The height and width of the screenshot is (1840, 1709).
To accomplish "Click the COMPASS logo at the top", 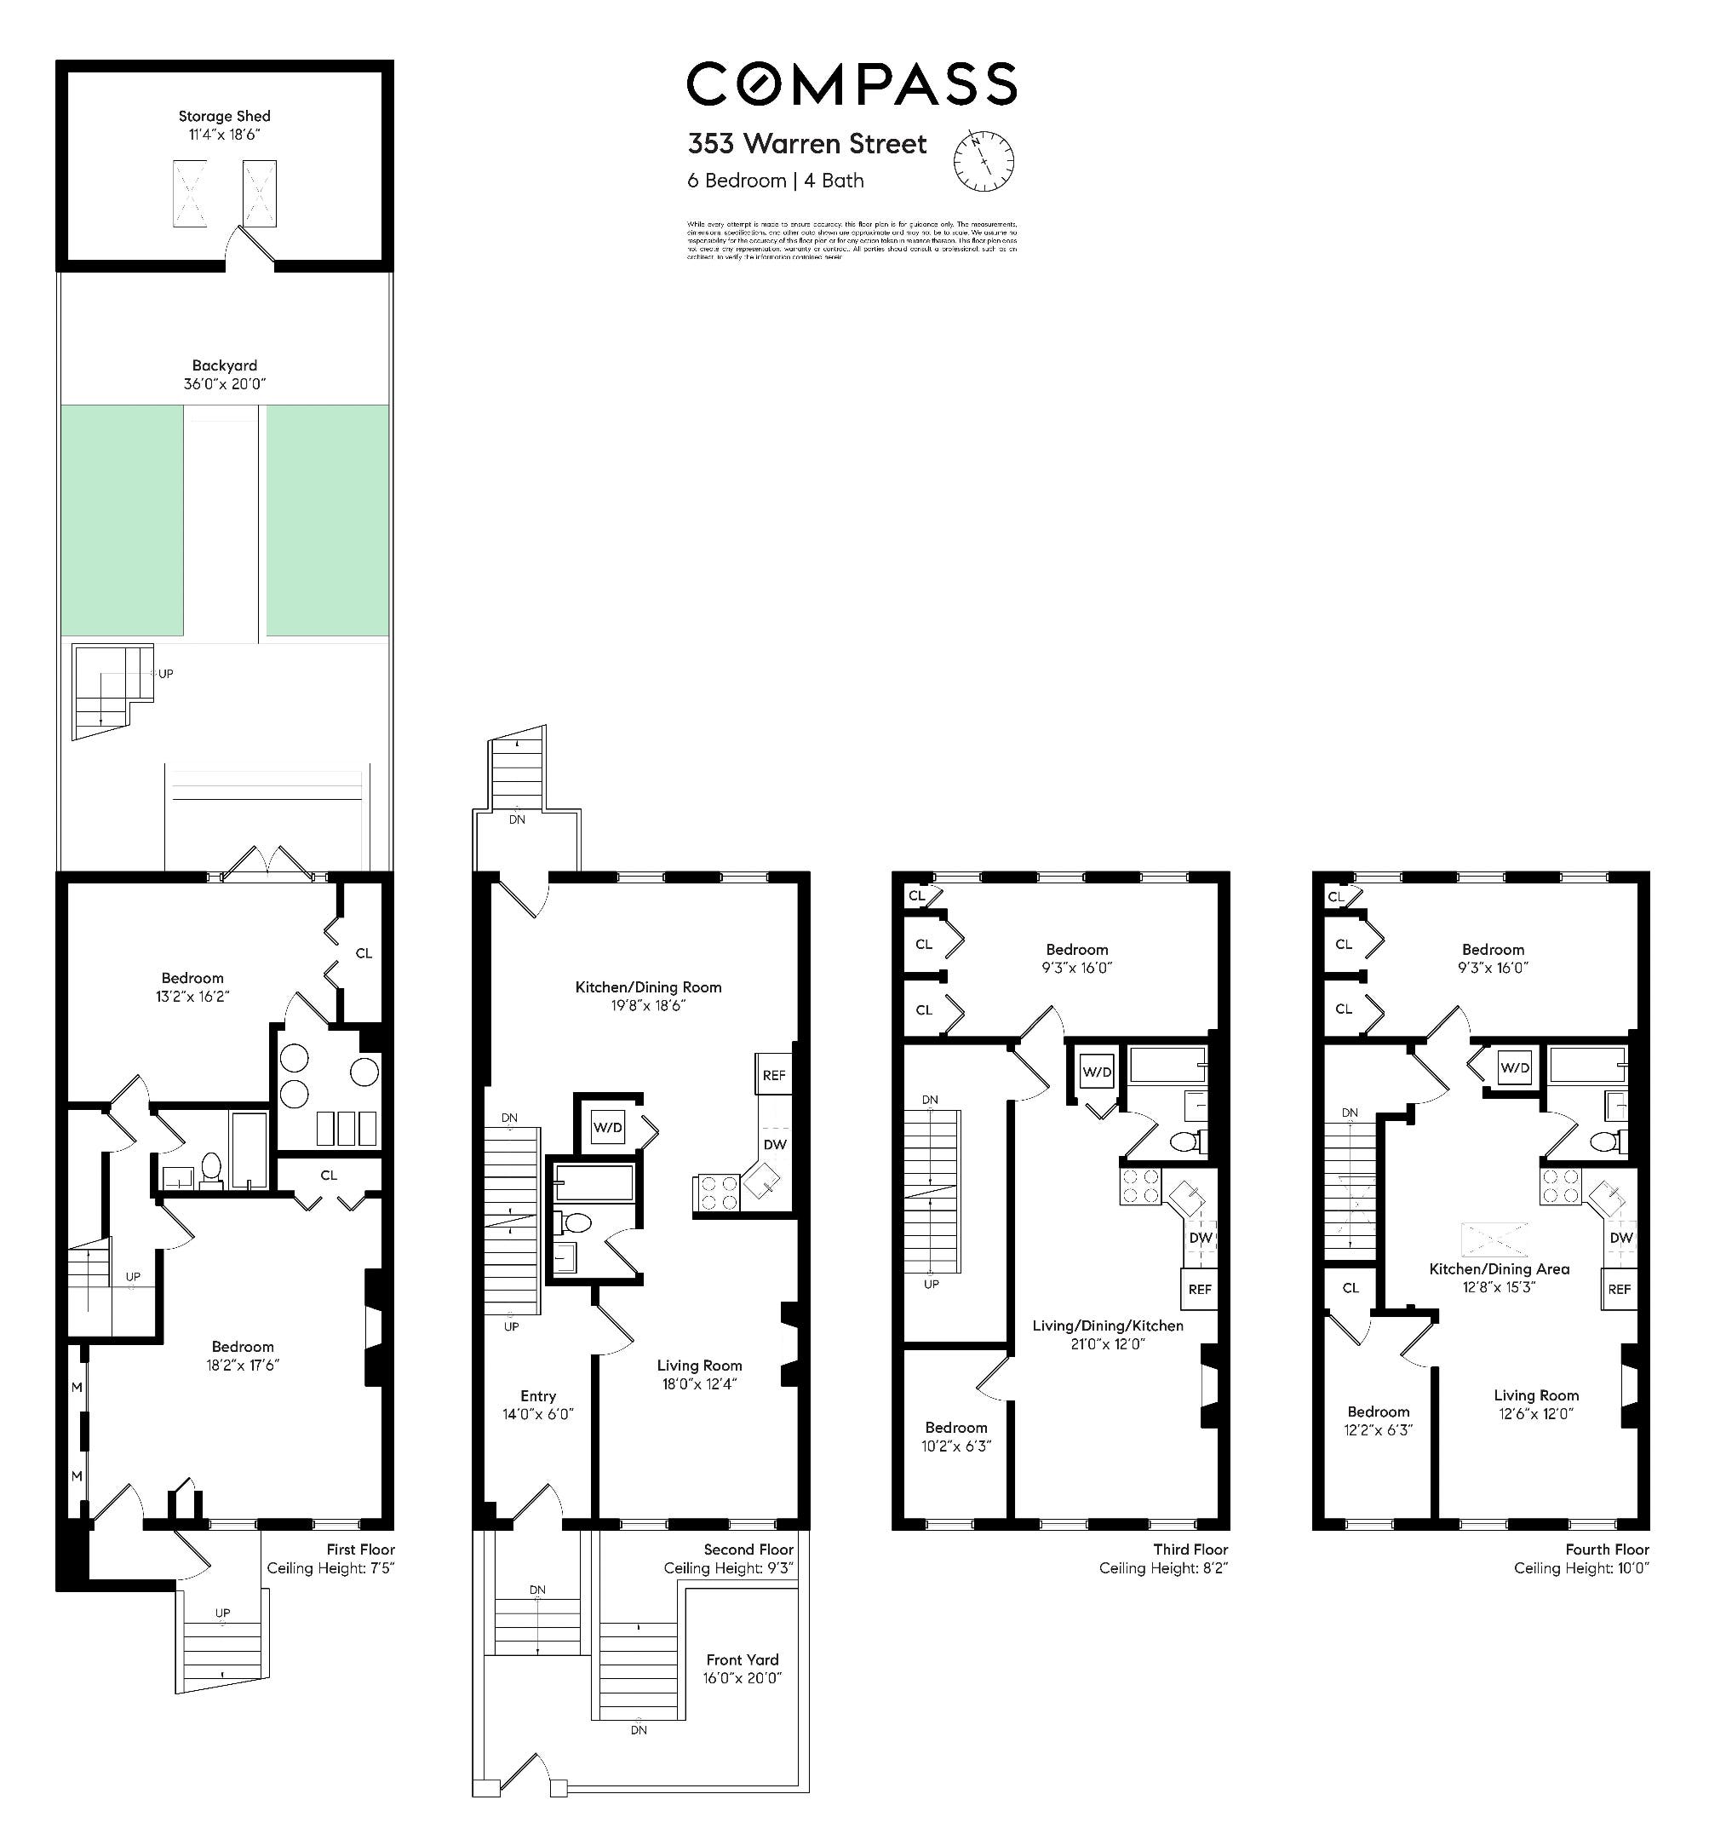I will (851, 84).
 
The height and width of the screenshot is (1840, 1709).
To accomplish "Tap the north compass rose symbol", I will (983, 160).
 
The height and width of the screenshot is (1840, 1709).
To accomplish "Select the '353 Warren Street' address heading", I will (806, 144).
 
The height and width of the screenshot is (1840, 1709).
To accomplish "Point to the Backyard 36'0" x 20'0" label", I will (225, 375).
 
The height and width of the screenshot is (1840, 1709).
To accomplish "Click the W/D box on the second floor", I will (608, 1127).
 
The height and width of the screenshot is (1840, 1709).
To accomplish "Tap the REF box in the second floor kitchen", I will (774, 1075).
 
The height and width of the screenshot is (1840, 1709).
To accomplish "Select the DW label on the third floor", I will (1201, 1238).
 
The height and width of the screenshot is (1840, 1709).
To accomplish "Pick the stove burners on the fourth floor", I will (1561, 1187).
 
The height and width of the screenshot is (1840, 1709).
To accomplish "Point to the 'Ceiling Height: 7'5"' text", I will (330, 1568).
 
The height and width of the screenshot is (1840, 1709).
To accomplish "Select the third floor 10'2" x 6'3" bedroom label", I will (955, 1435).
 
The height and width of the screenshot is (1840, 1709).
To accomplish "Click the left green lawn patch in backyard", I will (122, 520).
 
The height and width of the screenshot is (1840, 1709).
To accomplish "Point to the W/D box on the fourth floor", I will (1515, 1067).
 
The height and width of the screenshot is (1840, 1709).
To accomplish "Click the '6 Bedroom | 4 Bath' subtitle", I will (775, 181).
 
